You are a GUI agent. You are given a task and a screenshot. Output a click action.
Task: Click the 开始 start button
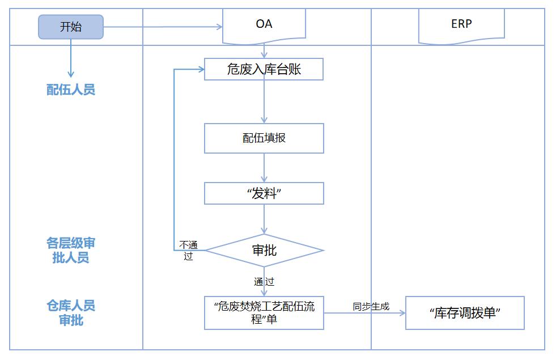[71, 27]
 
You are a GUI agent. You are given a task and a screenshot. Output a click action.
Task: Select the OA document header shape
[264, 25]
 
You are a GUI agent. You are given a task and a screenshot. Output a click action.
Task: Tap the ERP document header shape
[461, 25]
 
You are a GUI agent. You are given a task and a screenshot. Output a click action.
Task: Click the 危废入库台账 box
[264, 69]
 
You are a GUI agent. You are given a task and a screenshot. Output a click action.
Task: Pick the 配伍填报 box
[264, 138]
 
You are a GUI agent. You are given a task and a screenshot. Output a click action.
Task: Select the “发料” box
[264, 193]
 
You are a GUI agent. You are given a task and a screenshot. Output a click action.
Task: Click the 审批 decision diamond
[264, 250]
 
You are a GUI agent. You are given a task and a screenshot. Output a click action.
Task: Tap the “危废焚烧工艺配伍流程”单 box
[264, 312]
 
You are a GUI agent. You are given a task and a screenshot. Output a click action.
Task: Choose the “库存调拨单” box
[465, 313]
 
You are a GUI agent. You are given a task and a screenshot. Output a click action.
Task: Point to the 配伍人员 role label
[71, 90]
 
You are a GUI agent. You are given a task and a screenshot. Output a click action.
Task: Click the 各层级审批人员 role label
[71, 251]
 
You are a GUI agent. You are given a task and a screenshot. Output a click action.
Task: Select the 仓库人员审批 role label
[71, 313]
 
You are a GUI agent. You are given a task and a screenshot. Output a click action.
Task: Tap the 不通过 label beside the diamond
[188, 250]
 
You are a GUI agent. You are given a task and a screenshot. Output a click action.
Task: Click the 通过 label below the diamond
[264, 281]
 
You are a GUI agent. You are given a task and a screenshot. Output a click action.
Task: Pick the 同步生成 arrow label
[371, 306]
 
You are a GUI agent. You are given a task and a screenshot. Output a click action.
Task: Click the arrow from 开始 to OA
[162, 27]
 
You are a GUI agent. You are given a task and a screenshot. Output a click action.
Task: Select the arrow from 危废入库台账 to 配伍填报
[264, 101]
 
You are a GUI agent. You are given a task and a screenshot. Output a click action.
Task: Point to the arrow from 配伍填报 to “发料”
[264, 167]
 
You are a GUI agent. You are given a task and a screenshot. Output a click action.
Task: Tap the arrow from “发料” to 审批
[264, 218]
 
